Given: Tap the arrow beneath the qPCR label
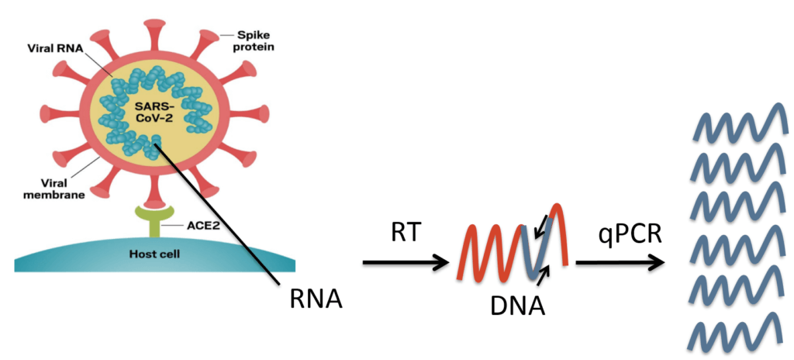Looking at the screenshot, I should (x=620, y=262).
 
